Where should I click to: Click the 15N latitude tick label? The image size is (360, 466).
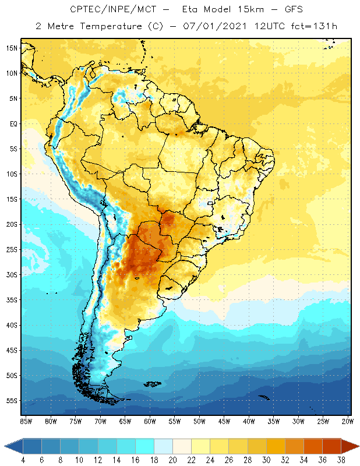(x=12, y=48)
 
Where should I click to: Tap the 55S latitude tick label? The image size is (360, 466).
(x=12, y=401)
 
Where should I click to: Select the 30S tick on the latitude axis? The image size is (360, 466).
(x=12, y=274)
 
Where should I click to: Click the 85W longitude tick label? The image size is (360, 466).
(x=26, y=421)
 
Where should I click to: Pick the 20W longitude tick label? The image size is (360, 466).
(x=347, y=421)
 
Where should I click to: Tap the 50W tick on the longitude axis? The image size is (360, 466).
(x=199, y=421)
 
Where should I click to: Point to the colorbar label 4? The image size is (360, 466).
(x=23, y=460)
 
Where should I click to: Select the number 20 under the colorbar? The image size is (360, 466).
(x=172, y=460)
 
